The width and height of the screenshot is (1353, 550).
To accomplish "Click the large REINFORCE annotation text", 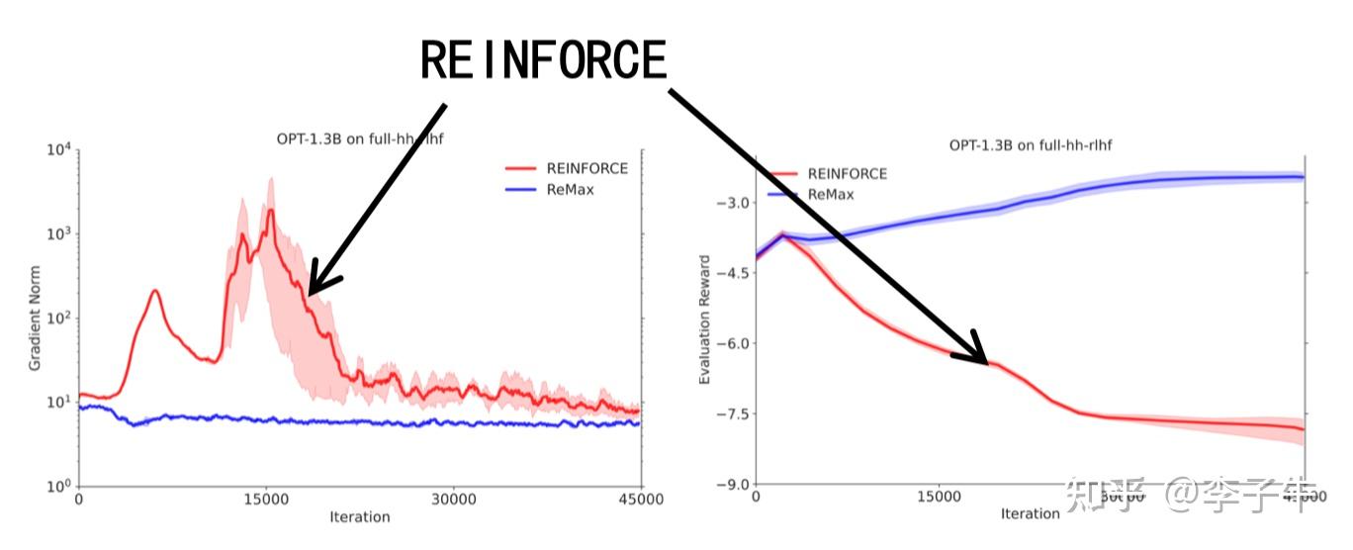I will click(544, 61).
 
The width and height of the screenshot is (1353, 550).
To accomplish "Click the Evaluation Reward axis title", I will click(705, 320).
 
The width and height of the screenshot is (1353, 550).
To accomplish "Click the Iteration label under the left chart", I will click(359, 516).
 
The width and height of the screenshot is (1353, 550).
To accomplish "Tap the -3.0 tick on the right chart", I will click(733, 203).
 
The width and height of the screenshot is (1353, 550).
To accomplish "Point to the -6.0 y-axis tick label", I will click(733, 343).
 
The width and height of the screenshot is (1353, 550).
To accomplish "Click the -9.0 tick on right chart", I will click(733, 485).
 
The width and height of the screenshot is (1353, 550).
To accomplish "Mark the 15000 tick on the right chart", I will click(939, 498).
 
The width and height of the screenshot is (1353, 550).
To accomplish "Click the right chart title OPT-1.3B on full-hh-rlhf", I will click(1032, 145).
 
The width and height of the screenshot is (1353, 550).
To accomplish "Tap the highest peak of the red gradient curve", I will click(270, 209).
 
